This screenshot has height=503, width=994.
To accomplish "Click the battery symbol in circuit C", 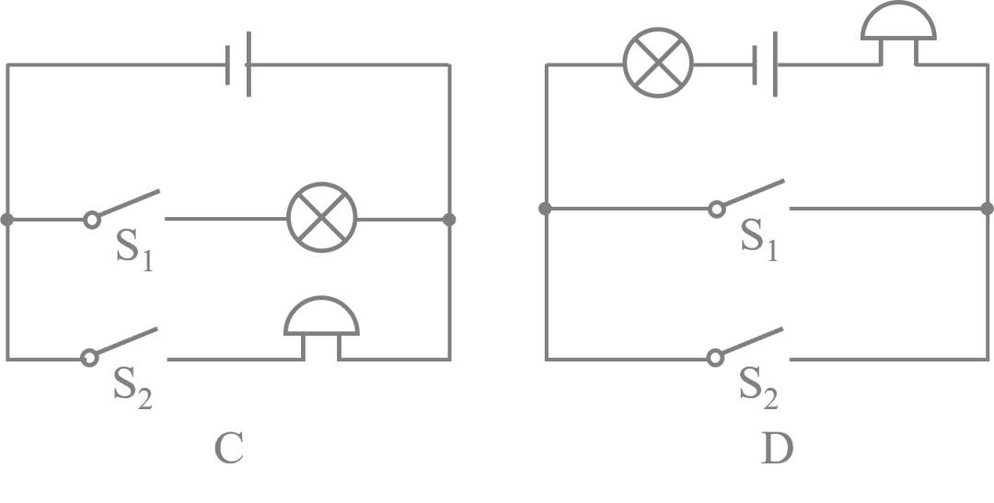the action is click(238, 64).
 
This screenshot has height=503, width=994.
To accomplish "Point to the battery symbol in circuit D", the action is click(765, 64).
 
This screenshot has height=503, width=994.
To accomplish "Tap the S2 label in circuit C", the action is click(133, 388).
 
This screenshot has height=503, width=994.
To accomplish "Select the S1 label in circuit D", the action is click(759, 240).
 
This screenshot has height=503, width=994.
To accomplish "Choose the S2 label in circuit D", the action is click(758, 388).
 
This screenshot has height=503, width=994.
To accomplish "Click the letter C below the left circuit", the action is click(229, 449).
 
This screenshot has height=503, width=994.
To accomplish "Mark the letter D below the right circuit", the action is click(777, 449).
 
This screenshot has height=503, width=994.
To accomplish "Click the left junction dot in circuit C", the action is click(7, 220).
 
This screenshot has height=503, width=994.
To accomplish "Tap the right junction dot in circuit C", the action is click(449, 220).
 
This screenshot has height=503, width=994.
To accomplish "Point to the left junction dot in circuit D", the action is click(545, 209).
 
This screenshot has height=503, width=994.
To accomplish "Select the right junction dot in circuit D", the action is click(987, 209).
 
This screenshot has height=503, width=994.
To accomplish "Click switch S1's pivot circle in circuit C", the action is click(92, 220).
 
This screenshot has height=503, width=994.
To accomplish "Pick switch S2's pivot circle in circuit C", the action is click(89, 358).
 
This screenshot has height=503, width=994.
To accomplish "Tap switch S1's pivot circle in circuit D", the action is click(716, 209).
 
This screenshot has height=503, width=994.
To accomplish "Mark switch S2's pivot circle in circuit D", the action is click(715, 358).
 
